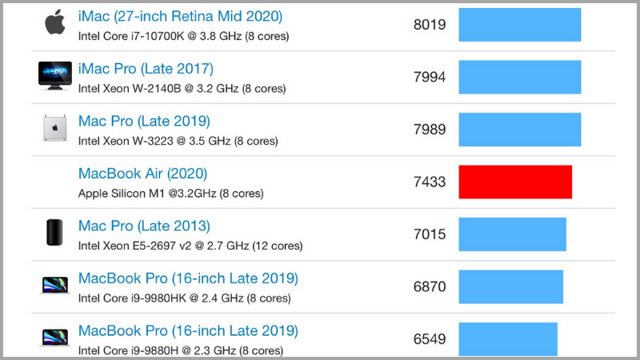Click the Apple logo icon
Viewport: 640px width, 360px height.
(x=55, y=22)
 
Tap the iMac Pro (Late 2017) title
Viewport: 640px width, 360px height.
(x=146, y=69)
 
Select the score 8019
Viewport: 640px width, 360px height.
(x=430, y=25)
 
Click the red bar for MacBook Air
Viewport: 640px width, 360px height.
(x=515, y=182)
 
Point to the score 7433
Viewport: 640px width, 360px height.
(x=430, y=182)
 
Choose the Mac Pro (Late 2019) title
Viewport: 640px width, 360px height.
(x=144, y=122)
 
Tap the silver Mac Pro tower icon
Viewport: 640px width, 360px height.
(x=55, y=128)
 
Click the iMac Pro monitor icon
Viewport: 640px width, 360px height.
(x=55, y=75)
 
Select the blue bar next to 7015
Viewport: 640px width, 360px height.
(x=512, y=234)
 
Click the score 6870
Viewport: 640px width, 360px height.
(x=430, y=286)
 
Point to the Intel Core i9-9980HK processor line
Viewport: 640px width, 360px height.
(x=184, y=298)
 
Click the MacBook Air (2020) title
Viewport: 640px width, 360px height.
(x=142, y=174)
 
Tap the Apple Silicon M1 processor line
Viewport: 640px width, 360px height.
(x=170, y=194)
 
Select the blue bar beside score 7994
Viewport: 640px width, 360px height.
(x=519, y=77)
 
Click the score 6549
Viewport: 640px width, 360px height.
(x=430, y=338)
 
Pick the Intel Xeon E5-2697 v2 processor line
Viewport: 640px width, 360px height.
(x=190, y=246)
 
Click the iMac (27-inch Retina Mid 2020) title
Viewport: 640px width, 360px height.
(x=180, y=16)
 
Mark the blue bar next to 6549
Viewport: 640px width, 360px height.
(x=507, y=338)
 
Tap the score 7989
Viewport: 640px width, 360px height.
(x=430, y=130)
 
